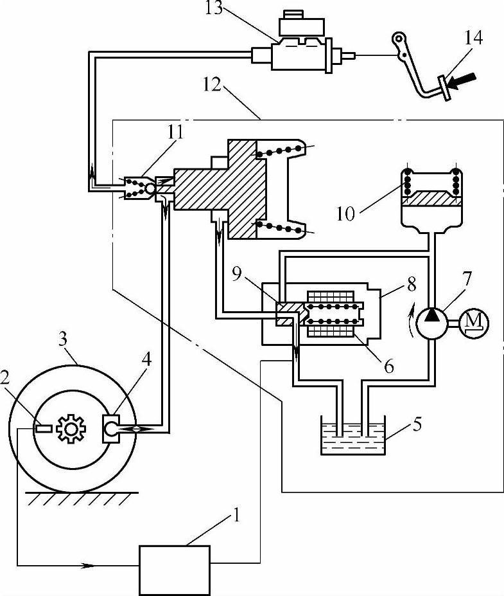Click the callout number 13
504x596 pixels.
(x=214, y=8)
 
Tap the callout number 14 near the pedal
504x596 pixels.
(x=473, y=38)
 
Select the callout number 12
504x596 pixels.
(x=211, y=84)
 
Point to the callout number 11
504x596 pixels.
(x=175, y=132)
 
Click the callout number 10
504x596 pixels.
(x=345, y=214)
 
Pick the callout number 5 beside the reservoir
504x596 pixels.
(x=417, y=424)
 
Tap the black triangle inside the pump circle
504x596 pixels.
(x=431, y=315)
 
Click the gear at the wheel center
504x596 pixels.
(x=71, y=428)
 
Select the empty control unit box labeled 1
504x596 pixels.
(x=175, y=570)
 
